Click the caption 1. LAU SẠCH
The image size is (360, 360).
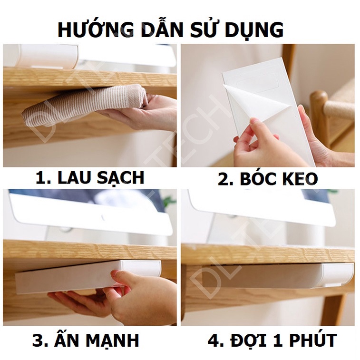[90, 177]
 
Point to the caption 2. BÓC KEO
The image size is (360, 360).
[268, 179]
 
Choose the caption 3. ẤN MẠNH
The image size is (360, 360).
[86, 341]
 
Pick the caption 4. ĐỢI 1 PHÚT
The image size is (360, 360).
[272, 341]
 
